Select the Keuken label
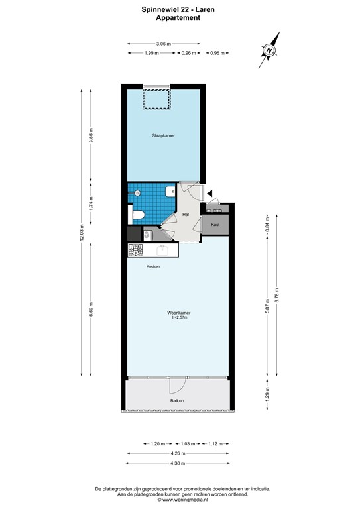[153, 266]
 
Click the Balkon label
[176, 401]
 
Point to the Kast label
[215, 225]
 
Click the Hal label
[187, 214]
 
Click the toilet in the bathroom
[138, 215]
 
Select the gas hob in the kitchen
[136, 250]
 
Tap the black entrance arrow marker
[209, 193]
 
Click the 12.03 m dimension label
[82, 233]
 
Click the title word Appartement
[179, 18]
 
